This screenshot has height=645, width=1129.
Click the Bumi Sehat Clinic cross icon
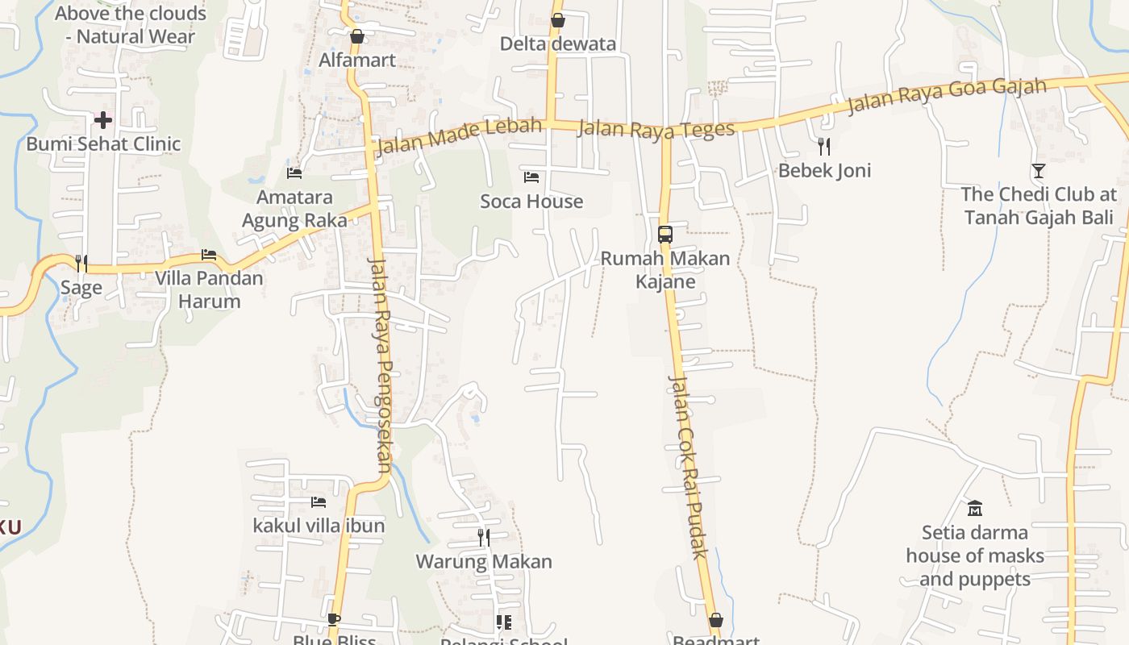coord(103,121)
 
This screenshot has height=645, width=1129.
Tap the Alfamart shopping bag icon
coord(357,36)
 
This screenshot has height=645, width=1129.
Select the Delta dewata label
coord(558,44)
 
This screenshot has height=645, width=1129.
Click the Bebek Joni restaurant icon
coord(823,146)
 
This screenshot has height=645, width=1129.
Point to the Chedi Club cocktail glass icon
coord(1038,170)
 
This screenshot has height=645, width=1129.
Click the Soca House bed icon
coord(531,177)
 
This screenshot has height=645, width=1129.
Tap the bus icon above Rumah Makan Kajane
coord(665,235)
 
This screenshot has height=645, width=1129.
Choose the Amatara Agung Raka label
coord(294,209)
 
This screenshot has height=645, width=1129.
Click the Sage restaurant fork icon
coord(81,264)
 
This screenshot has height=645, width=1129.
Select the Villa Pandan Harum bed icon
coord(209,255)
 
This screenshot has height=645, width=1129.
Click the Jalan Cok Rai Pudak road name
coord(689,466)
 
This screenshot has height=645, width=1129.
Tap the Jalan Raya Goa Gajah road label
coord(947,96)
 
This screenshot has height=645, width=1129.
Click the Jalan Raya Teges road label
coord(656,129)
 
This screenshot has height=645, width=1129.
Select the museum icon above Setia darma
coord(975,508)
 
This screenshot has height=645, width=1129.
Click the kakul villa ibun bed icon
coord(319,502)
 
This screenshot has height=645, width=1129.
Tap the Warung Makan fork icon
coord(483,537)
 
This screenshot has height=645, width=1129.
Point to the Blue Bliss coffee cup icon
coord(334,620)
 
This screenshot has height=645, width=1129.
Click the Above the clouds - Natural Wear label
coord(131,25)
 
